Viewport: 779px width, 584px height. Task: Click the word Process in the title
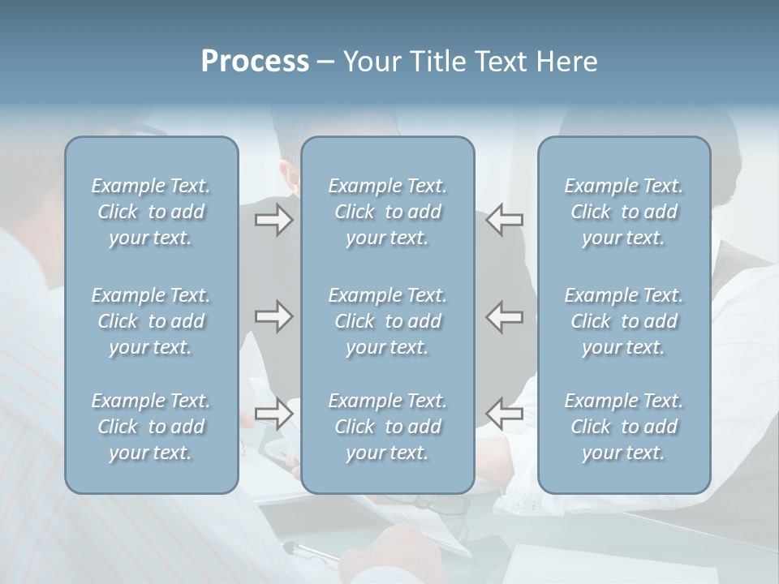[x=255, y=62]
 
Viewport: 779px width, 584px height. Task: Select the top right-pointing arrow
[x=274, y=220]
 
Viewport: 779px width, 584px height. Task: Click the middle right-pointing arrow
[x=274, y=316]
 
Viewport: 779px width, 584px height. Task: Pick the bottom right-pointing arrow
[x=274, y=414]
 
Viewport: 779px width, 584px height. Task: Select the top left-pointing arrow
[x=504, y=220]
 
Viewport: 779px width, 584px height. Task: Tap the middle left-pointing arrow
[x=504, y=316]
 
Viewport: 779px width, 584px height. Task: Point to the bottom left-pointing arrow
[x=504, y=414]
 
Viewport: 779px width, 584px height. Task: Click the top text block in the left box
[x=151, y=212]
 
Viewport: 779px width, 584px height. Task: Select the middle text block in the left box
[x=151, y=321]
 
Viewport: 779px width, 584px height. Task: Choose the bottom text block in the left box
[x=151, y=427]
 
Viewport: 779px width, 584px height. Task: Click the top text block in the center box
[x=388, y=212]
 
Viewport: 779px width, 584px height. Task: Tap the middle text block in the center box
[x=388, y=321]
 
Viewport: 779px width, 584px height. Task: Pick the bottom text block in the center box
[x=388, y=427]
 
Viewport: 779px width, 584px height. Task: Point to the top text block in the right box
[x=624, y=212]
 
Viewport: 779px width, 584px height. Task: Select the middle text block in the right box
[x=624, y=321]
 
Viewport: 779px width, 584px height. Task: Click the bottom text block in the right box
[x=624, y=427]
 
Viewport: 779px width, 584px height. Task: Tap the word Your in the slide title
[x=369, y=62]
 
